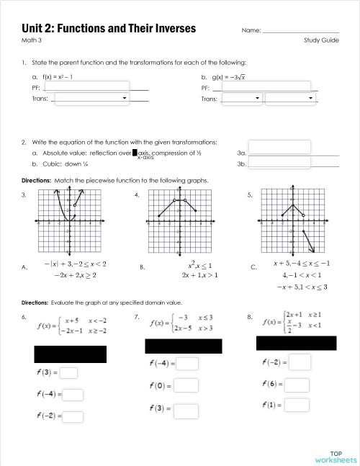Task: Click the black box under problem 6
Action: (71, 354)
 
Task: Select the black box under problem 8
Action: (296, 342)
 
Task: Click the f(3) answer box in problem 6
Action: (70, 372)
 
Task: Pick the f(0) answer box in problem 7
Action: (186, 385)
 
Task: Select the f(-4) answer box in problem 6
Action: (73, 394)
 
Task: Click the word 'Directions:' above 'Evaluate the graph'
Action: (35, 303)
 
